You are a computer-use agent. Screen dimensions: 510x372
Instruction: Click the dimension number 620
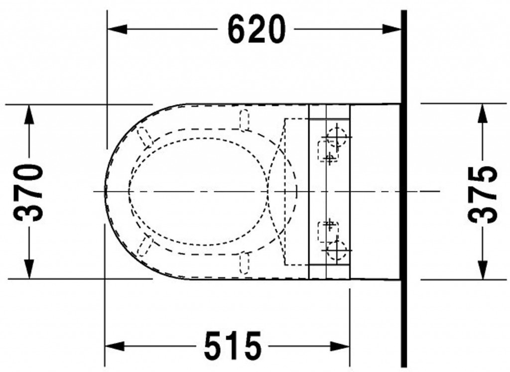tap(256, 29)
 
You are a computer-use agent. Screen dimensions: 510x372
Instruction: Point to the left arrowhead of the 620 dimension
tap(117, 29)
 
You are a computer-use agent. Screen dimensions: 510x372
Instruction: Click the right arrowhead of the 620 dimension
tap(391, 29)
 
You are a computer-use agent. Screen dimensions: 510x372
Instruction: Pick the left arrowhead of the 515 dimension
tap(115, 346)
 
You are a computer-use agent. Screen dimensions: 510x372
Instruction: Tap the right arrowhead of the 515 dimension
tap(340, 346)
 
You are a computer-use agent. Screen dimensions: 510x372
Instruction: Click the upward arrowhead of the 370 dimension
tap(29, 115)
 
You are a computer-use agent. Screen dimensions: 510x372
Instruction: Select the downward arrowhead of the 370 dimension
tap(29, 269)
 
